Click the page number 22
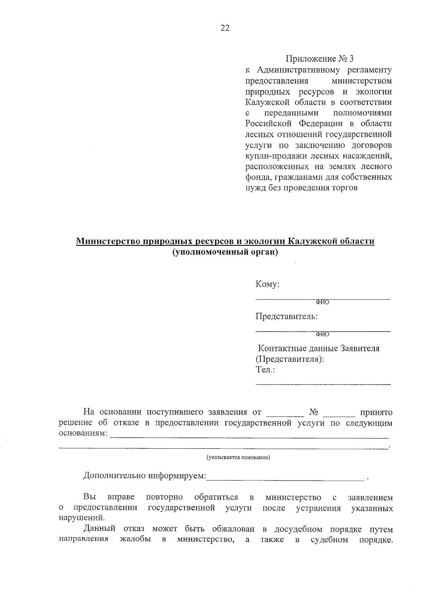pyautogui.click(x=225, y=28)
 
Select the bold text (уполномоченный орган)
pyautogui.click(x=225, y=252)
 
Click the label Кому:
pyautogui.click(x=267, y=284)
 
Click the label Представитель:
pyautogui.click(x=287, y=316)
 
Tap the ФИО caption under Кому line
pyautogui.click(x=322, y=302)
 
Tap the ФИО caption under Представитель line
pyautogui.click(x=322, y=334)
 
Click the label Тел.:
pyautogui.click(x=265, y=370)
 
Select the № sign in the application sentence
pyautogui.click(x=314, y=412)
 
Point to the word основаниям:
pyautogui.click(x=83, y=433)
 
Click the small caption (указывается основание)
pyautogui.click(x=238, y=458)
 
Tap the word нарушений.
pyautogui.click(x=81, y=518)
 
